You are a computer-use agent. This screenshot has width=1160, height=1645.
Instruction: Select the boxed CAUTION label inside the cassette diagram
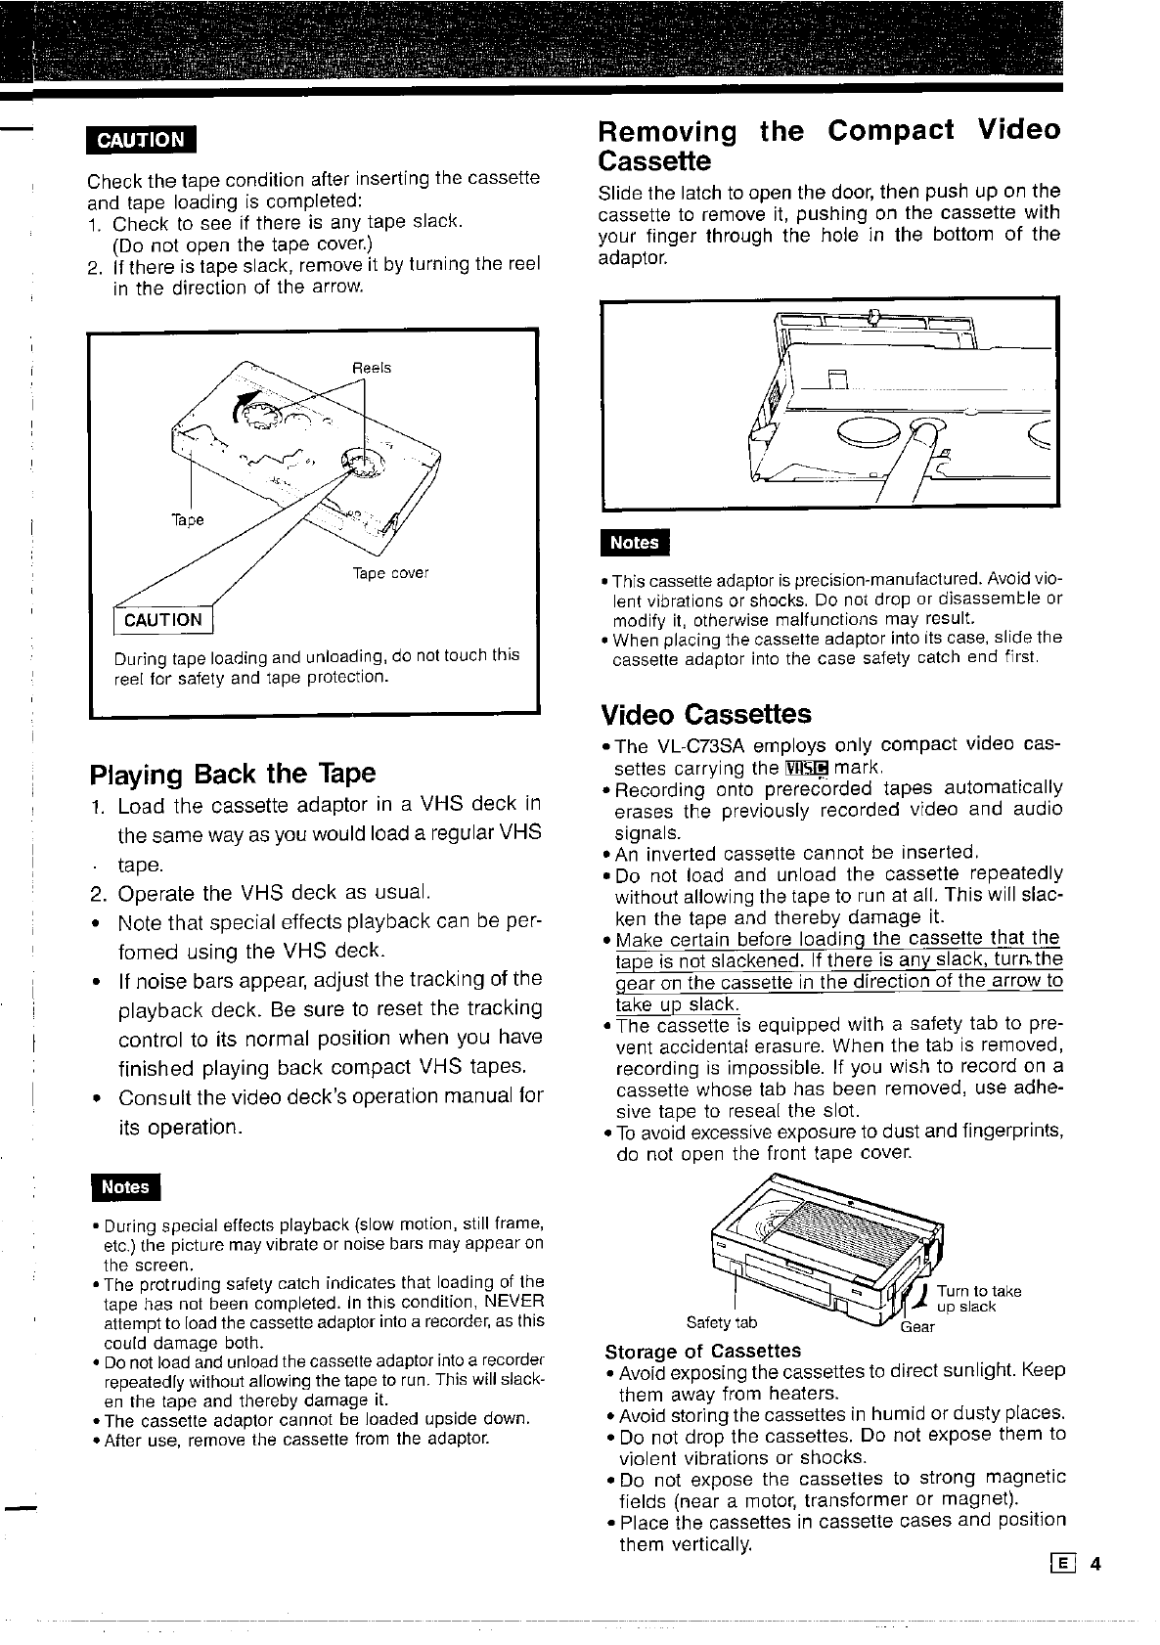point(163,620)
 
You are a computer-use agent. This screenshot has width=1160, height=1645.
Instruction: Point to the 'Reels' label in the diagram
point(372,368)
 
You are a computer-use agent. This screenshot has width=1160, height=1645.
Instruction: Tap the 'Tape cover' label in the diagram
point(390,573)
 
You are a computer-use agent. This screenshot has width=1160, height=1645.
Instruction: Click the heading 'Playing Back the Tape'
point(233,774)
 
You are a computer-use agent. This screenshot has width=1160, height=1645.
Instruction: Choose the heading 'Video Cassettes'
point(705,714)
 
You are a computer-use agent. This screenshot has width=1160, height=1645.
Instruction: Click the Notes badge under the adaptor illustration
point(634,543)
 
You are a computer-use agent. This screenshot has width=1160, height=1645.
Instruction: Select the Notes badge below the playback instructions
point(125,1187)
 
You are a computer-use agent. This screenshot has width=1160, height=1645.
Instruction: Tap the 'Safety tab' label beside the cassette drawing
point(721,1323)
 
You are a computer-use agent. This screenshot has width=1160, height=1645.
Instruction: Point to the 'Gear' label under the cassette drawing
point(917,1327)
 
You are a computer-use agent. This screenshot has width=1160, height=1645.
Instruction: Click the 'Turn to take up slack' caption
point(978,1299)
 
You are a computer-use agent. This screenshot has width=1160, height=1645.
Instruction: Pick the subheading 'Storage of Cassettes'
point(702,1351)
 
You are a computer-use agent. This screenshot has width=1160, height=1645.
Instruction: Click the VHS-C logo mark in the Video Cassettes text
point(806,767)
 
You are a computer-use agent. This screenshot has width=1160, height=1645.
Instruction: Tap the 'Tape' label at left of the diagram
point(188,519)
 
